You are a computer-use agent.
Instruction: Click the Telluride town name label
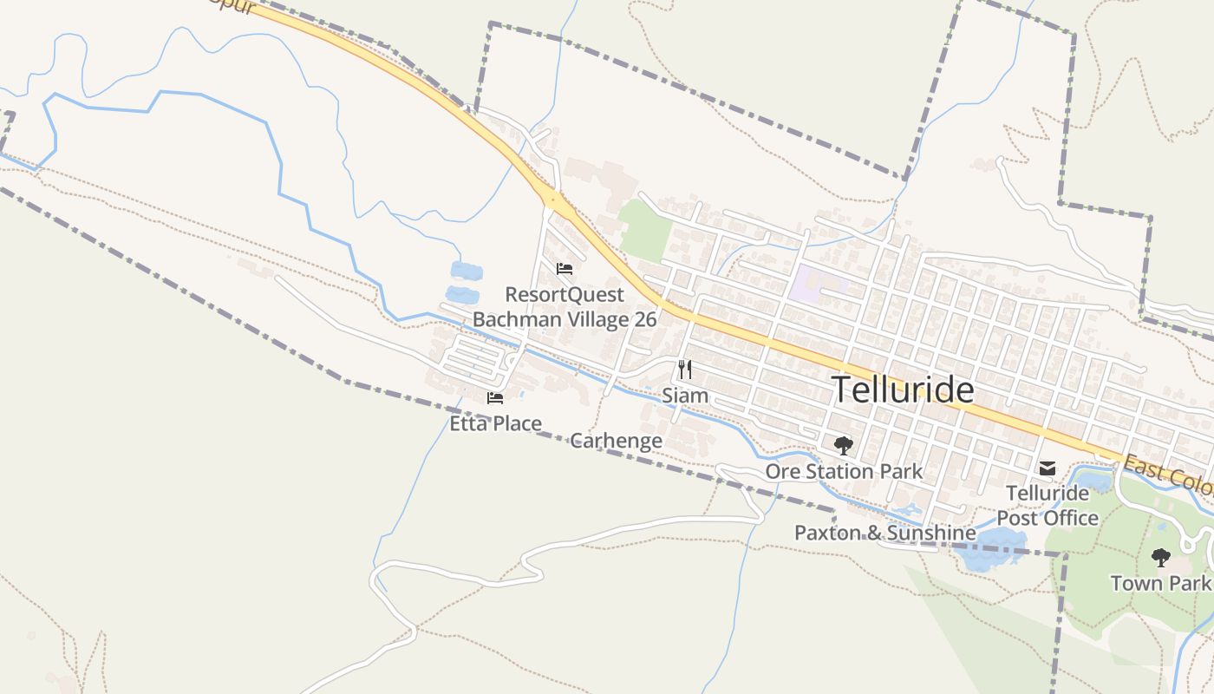(x=903, y=390)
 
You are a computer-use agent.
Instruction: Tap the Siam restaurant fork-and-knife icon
(x=685, y=370)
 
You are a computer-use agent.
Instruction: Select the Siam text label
(x=685, y=396)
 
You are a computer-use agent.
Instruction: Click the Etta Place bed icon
(x=495, y=398)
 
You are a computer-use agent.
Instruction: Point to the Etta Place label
(x=495, y=423)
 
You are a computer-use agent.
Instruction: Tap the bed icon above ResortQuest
(x=565, y=269)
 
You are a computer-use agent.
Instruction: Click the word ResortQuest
(x=565, y=294)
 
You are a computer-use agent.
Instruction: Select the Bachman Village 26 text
(x=565, y=319)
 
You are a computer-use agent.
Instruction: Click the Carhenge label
(x=617, y=441)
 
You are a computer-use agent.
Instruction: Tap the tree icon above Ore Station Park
(x=843, y=447)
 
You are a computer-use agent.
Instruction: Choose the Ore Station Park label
(x=844, y=472)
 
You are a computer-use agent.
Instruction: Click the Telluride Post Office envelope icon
(x=1048, y=468)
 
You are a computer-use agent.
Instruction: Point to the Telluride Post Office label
(x=1048, y=506)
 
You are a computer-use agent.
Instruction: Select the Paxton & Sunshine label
(x=885, y=533)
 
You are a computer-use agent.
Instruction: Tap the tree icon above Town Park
(x=1161, y=558)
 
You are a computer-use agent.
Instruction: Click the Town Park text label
(x=1161, y=583)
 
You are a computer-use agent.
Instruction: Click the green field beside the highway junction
(x=646, y=230)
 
